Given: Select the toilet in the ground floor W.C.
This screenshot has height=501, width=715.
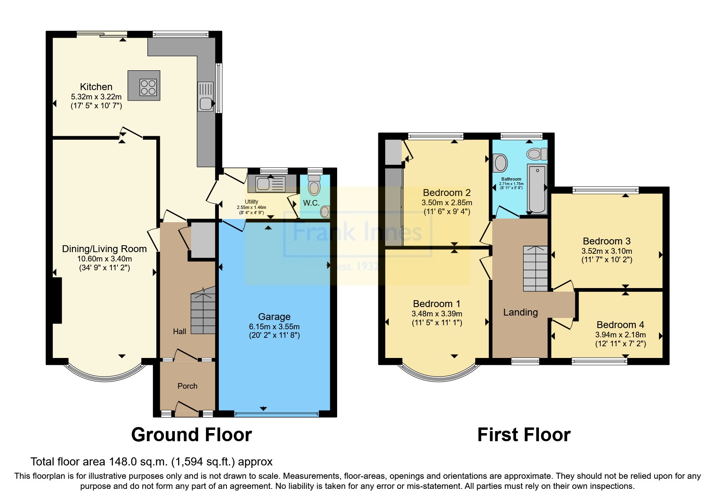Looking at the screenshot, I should pyautogui.click(x=314, y=186).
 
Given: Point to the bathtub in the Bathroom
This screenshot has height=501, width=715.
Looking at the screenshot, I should pyautogui.click(x=537, y=189).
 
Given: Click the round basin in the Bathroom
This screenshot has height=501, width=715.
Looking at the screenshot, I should pyautogui.click(x=501, y=163).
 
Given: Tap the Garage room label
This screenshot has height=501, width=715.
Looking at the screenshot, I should pyautogui.click(x=274, y=317).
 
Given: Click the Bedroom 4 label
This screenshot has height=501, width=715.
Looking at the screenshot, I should pyautogui.click(x=620, y=325).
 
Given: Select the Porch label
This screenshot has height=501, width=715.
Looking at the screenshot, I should pyautogui.click(x=187, y=386).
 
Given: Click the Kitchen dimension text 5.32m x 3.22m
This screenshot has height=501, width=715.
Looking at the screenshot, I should pyautogui.click(x=96, y=97).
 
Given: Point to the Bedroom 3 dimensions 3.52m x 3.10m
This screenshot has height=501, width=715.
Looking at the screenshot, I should pyautogui.click(x=606, y=251).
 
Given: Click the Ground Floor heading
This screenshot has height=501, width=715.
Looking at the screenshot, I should pyautogui.click(x=191, y=435).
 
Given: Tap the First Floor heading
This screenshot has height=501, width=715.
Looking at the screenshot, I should pyautogui.click(x=524, y=435).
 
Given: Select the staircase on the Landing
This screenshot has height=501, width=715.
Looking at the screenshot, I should pyautogui.click(x=535, y=268).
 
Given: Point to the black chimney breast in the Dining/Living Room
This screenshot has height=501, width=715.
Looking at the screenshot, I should pyautogui.click(x=57, y=300).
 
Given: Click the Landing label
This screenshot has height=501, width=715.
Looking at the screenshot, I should pyautogui.click(x=520, y=312).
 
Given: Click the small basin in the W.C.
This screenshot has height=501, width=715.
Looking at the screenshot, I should pyautogui.click(x=325, y=211).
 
